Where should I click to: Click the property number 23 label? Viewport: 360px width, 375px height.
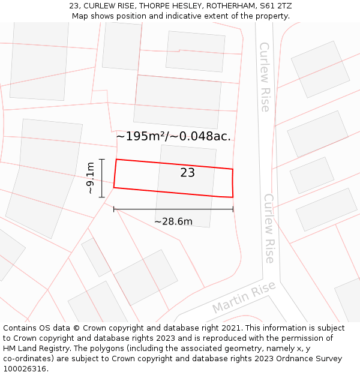coord(188,173)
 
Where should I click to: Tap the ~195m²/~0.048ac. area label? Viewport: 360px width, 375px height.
coord(173,136)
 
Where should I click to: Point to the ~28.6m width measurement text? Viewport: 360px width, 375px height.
coord(173,221)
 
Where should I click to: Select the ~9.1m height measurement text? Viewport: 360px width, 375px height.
coord(90,178)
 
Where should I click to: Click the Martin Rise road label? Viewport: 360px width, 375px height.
coord(244,298)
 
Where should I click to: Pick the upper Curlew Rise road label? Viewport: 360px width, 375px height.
coord(265,77)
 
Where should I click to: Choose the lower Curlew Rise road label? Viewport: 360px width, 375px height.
coord(269,228)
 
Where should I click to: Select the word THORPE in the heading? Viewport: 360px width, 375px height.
coord(120,6)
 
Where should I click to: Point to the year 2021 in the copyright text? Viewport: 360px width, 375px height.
coord(230,328)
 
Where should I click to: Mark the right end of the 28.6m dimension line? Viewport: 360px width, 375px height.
coord(233,209)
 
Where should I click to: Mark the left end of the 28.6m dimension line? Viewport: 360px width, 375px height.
coord(114,209)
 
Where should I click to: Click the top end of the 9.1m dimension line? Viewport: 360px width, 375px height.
coord(102,160)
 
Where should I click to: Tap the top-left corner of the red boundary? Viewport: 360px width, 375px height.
coord(116,160)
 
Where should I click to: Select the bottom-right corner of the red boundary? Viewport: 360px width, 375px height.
coord(233,197)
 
